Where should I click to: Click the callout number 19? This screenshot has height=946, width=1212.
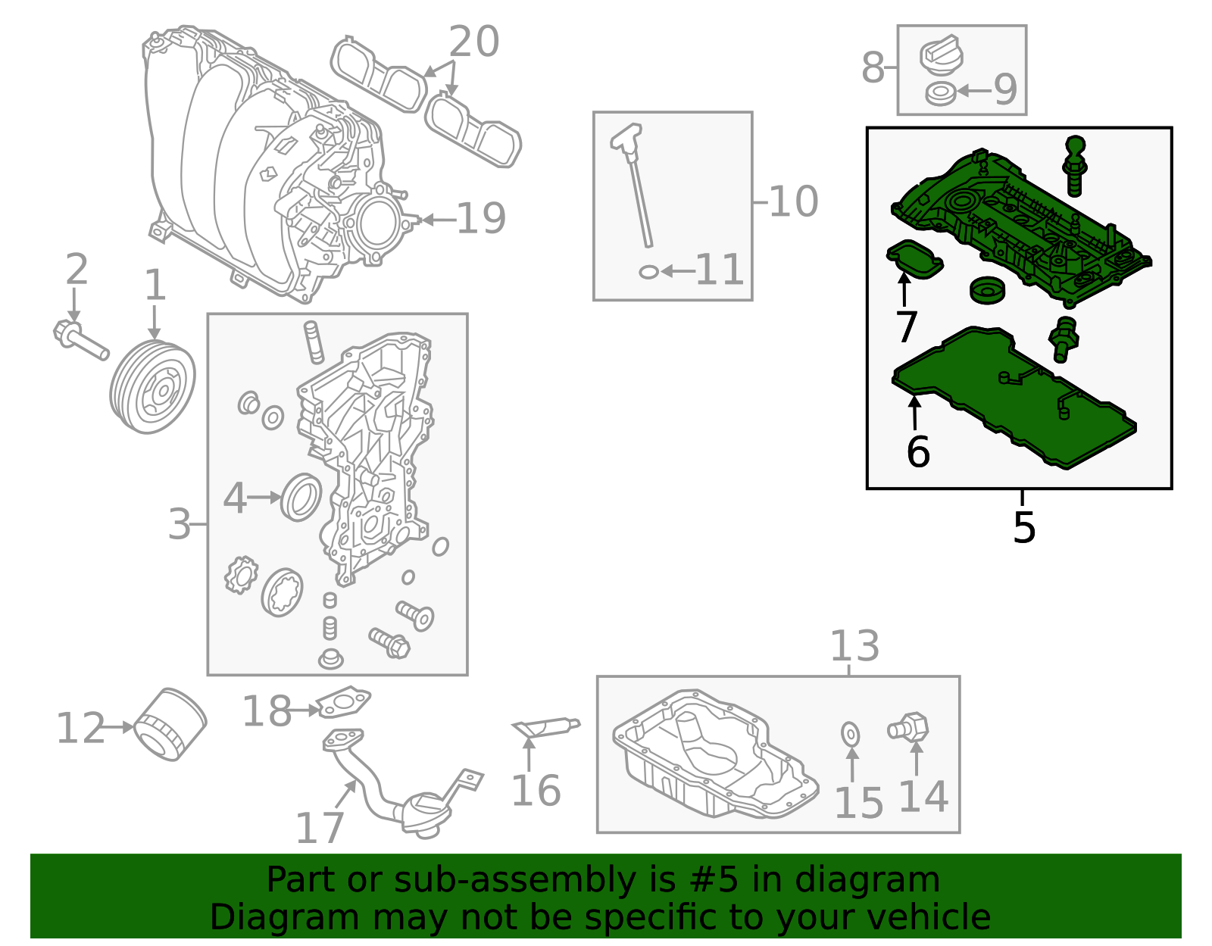click(481, 218)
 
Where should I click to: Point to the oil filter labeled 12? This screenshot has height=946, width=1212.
click(170, 724)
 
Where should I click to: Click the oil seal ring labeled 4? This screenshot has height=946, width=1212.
click(301, 497)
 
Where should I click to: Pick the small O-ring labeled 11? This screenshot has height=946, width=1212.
click(648, 272)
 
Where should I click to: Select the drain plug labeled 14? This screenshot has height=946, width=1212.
click(908, 727)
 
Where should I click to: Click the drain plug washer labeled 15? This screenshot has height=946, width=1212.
click(850, 734)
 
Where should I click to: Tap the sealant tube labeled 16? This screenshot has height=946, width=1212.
click(546, 727)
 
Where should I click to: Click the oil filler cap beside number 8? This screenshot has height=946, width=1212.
click(941, 54)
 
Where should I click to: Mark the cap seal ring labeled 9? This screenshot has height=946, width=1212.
click(941, 93)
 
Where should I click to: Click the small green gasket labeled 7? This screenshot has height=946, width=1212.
click(915, 259)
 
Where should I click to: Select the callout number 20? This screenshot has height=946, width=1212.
click(473, 41)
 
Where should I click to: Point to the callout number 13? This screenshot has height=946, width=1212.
click(854, 645)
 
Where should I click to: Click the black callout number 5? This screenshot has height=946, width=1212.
click(1023, 527)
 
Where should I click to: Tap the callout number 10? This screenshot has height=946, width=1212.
click(794, 201)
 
